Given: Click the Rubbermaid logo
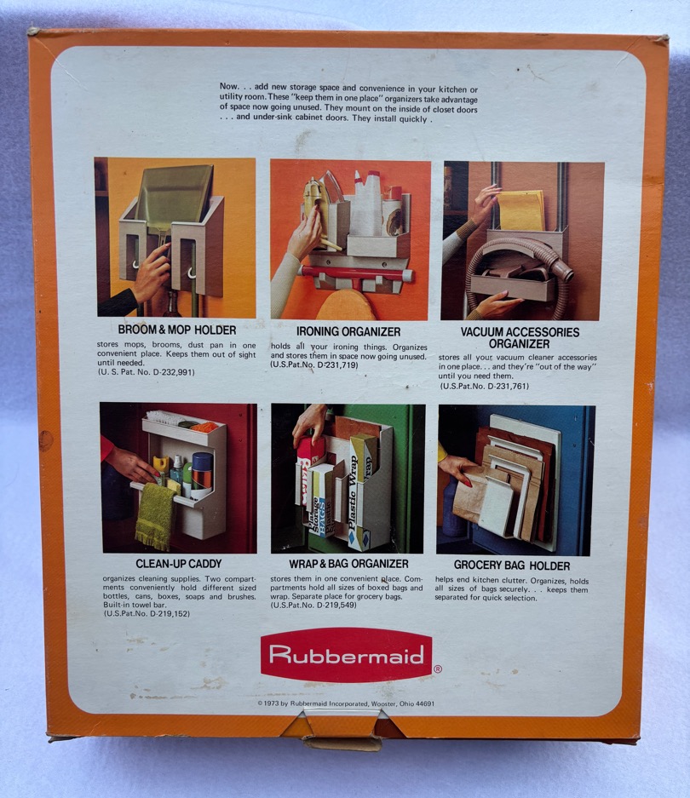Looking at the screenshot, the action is [x=346, y=654].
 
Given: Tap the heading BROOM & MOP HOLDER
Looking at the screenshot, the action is [x=176, y=330].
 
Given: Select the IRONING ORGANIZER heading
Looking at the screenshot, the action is [x=348, y=332].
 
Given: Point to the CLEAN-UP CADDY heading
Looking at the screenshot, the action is [x=179, y=564].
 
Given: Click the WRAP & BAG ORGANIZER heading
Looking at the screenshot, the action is [x=348, y=564].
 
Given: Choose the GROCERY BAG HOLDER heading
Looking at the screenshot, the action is [x=512, y=565].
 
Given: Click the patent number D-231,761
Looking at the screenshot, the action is [x=508, y=387].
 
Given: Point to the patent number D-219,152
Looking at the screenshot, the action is [x=169, y=614].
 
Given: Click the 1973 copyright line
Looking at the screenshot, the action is [x=346, y=703].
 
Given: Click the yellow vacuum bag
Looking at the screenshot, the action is [x=521, y=210].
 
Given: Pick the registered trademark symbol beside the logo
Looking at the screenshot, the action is [x=438, y=669].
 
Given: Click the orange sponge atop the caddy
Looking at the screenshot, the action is [x=204, y=427].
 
